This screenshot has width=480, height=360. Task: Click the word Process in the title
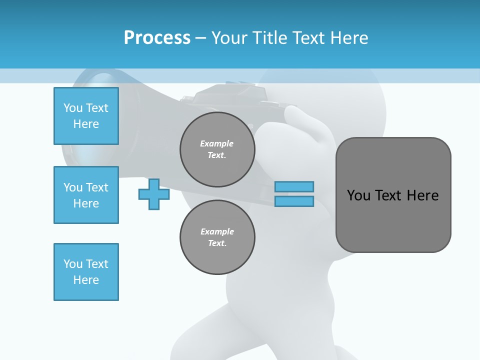(157, 38)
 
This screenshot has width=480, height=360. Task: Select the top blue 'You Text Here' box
(86, 116)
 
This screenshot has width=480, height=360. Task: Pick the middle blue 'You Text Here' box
(86, 195)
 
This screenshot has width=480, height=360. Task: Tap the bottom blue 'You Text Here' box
(86, 272)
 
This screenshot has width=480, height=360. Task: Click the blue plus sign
(153, 194)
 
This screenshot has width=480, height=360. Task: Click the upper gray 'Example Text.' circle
(217, 149)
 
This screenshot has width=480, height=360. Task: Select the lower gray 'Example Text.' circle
(217, 237)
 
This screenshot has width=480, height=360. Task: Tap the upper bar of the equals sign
(294, 186)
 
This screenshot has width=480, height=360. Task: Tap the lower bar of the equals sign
(294, 201)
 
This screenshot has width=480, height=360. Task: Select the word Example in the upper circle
(217, 143)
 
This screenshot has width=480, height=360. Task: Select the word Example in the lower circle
(217, 231)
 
